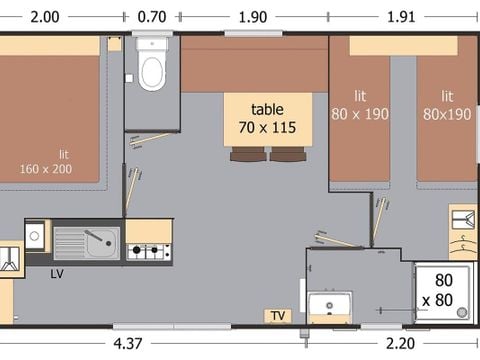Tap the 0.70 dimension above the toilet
(x=151, y=16)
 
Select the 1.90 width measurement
(x=254, y=16)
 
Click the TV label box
(x=277, y=316)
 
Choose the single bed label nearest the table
(x=359, y=105)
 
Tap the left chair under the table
(x=246, y=154)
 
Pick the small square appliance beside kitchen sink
(x=35, y=235)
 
